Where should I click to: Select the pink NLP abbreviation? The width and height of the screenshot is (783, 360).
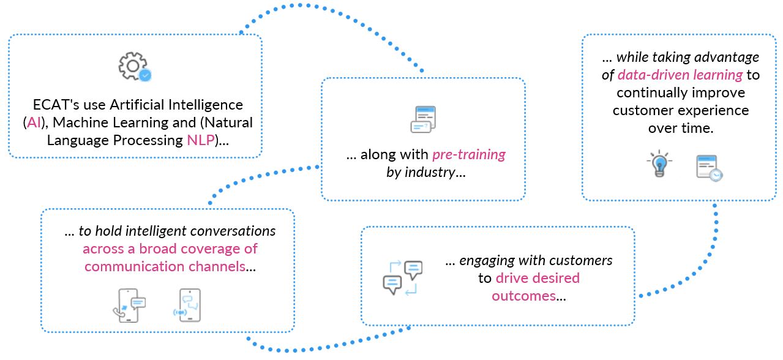(201, 140)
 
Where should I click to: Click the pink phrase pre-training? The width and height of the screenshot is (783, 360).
(469, 154)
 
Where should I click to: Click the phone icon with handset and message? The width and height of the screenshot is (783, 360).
(129, 304)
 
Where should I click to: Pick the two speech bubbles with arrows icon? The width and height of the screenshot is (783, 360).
(402, 278)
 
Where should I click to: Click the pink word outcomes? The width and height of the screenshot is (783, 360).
(524, 296)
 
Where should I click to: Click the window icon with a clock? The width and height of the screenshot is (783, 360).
(709, 168)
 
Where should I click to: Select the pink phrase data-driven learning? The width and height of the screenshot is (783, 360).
(680, 75)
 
